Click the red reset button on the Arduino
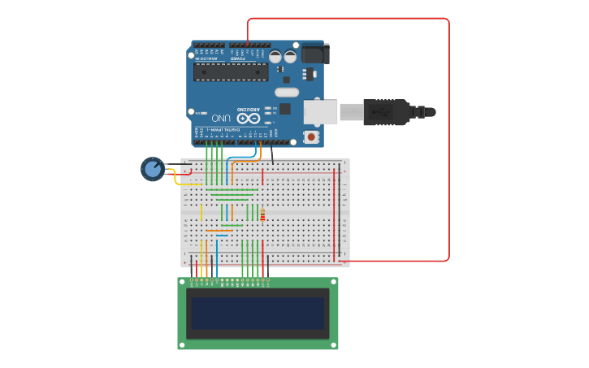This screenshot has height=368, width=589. [x=311, y=137]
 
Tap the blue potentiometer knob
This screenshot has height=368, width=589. [x=152, y=169]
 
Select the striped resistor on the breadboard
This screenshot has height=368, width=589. [x=262, y=215]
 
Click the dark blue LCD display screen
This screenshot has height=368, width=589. [x=258, y=313]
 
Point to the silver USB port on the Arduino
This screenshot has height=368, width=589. [x=320, y=112]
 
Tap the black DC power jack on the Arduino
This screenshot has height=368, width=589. [x=314, y=54]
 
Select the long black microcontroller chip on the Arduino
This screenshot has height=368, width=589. [x=231, y=72]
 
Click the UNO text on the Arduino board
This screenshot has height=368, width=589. [x=222, y=119]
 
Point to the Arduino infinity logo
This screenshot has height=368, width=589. [x=249, y=119]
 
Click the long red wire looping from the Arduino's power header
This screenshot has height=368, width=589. [x=448, y=138]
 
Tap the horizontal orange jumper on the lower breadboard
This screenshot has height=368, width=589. [x=219, y=231]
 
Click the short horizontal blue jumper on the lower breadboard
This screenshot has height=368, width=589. [x=221, y=236]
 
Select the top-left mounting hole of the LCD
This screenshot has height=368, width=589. [x=182, y=282]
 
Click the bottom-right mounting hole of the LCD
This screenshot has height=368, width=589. [x=334, y=345]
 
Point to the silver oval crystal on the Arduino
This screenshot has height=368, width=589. [x=286, y=92]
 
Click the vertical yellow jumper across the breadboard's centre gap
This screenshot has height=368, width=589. [x=201, y=212]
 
